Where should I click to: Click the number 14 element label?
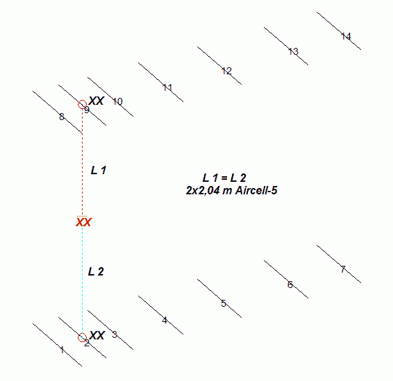coord(346,37)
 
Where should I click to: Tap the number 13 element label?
coord(293,51)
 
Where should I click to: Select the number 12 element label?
coord(227,71)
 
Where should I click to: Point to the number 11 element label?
coord(167,88)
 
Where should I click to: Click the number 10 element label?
coord(117,102)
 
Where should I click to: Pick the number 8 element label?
coord(62,117)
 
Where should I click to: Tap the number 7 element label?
coord(343,269)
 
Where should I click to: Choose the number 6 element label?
coord(290,285)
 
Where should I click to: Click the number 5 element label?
coord(224,303)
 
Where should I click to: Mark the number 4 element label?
coord(165,321)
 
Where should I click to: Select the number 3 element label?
coord(115,335)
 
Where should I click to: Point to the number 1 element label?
coord(62,350)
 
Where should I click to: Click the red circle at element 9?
coord(82,100)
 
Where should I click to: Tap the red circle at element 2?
coord(82,333)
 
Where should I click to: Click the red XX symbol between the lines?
coord(84,222)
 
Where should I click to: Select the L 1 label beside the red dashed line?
coord(99,170)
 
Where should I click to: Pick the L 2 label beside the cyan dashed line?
coord(96,271)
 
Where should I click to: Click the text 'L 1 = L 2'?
coord(224,178)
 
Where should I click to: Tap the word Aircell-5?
coord(256,191)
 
